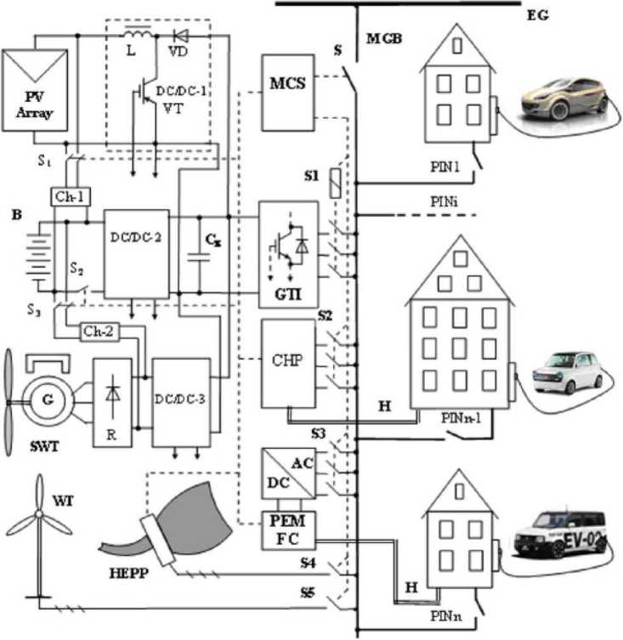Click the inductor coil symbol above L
(138, 36)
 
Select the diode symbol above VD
(179, 37)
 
